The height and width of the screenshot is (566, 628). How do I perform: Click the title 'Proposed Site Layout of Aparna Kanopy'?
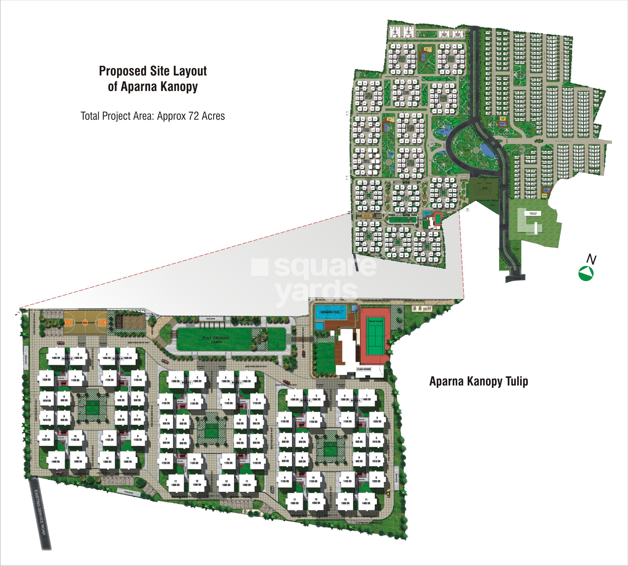pyautogui.click(x=153, y=79)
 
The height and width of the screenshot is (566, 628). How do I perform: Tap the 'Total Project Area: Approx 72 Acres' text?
pyautogui.click(x=153, y=116)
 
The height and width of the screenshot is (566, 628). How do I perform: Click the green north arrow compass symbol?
pyautogui.click(x=586, y=273)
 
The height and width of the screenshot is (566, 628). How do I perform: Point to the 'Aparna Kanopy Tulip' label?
pyautogui.click(x=479, y=381)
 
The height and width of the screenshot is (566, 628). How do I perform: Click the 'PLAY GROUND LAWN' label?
pyautogui.click(x=216, y=340)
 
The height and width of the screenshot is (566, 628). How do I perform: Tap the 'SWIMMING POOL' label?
pyautogui.click(x=330, y=312)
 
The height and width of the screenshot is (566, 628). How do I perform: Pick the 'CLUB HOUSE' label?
pyautogui.click(x=364, y=369)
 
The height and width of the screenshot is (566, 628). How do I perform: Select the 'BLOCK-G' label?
pyautogui.click(x=67, y=358)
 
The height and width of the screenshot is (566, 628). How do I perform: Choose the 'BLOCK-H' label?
pyautogui.click(x=117, y=358)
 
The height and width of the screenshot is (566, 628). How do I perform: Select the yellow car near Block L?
pyautogui.click(x=388, y=492)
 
